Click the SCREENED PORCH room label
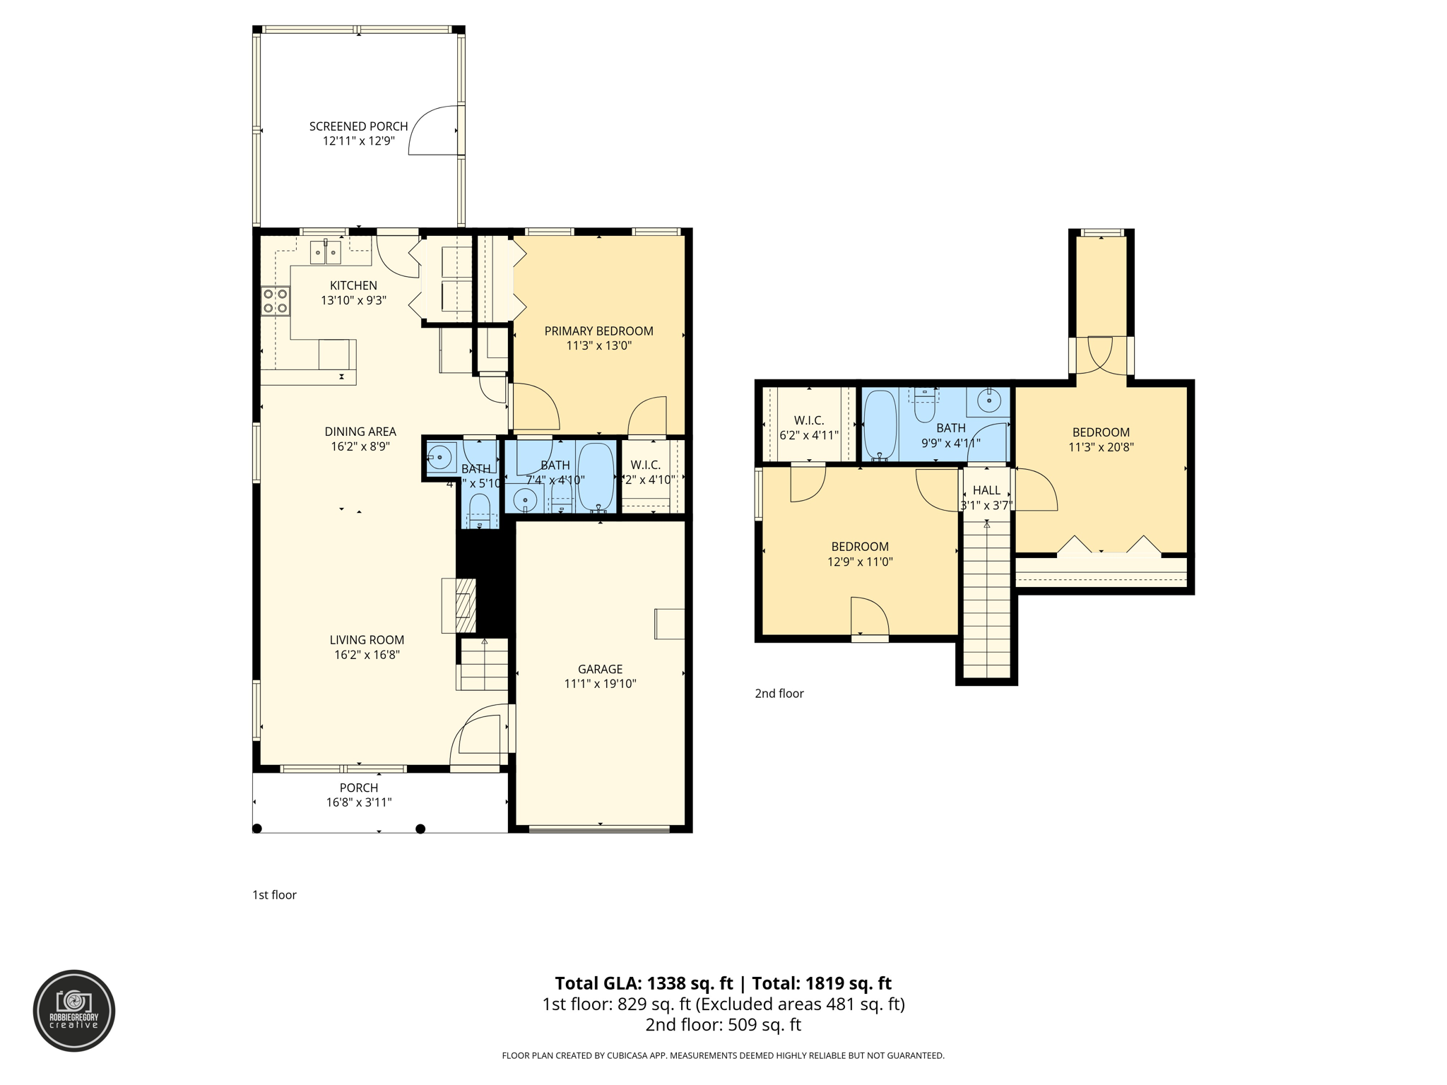(358, 126)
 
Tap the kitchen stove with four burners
(275, 301)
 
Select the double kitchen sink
(326, 252)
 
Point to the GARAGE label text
(600, 669)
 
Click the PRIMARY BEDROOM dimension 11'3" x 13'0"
(598, 346)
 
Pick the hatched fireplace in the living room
(464, 605)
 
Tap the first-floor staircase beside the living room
(484, 665)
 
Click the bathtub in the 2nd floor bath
(880, 425)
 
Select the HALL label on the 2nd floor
(986, 490)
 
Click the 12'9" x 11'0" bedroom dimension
(860, 562)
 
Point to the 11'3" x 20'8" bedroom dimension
(1101, 447)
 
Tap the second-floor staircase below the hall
(986, 600)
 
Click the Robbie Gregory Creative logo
(74, 1010)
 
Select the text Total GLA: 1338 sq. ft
(644, 983)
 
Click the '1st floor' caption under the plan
(274, 895)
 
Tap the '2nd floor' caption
(779, 694)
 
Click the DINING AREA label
(360, 432)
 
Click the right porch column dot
(420, 829)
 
